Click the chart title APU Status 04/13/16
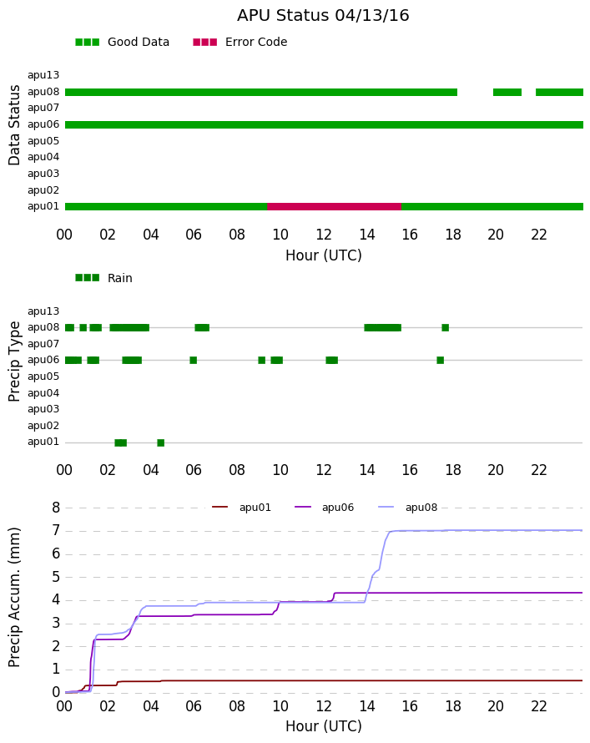pyautogui.click(x=323, y=15)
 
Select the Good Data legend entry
pyautogui.click(x=122, y=43)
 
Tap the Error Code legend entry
pyautogui.click(x=240, y=43)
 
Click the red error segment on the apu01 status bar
pyautogui.click(x=335, y=206)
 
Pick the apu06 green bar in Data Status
pyautogui.click(x=324, y=124)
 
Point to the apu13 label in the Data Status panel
pyautogui.click(x=43, y=75)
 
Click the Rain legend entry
pyautogui.click(x=103, y=278)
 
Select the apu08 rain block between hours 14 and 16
pyautogui.click(x=382, y=327)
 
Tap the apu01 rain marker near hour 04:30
pyautogui.click(x=160, y=443)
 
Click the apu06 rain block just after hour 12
pyautogui.click(x=332, y=360)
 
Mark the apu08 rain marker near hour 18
pyautogui.click(x=445, y=327)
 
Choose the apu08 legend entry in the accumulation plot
pyautogui.click(x=408, y=508)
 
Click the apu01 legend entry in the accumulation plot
pyautogui.click(x=241, y=508)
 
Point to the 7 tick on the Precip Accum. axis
pyautogui.click(x=56, y=530)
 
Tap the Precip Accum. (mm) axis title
pyautogui.click(x=14, y=598)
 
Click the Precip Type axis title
pyautogui.click(x=14, y=361)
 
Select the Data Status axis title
pyautogui.click(x=14, y=125)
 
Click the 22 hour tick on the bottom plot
pyautogui.click(x=539, y=706)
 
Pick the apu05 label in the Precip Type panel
pyautogui.click(x=43, y=377)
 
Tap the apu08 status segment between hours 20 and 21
pyautogui.click(x=507, y=93)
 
